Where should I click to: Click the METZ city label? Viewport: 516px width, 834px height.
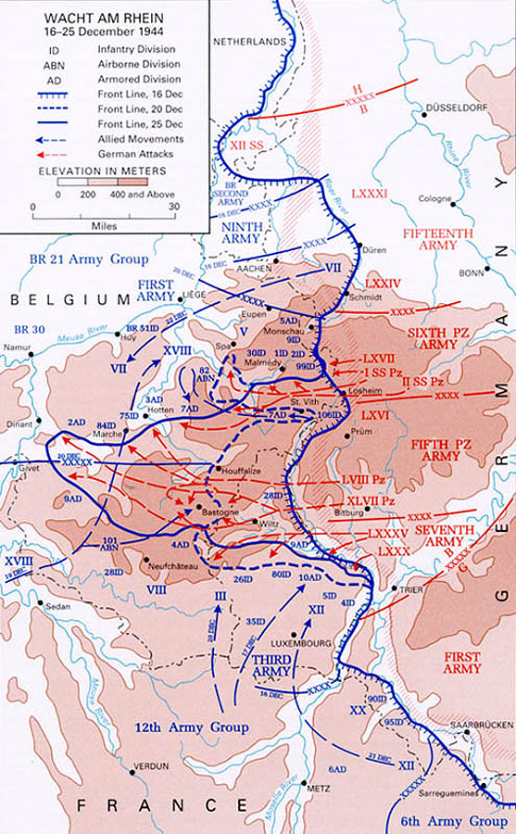pos(318,788)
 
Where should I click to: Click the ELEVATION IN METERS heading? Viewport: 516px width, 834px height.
pos(102,171)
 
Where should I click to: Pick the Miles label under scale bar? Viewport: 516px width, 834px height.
pos(102,223)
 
